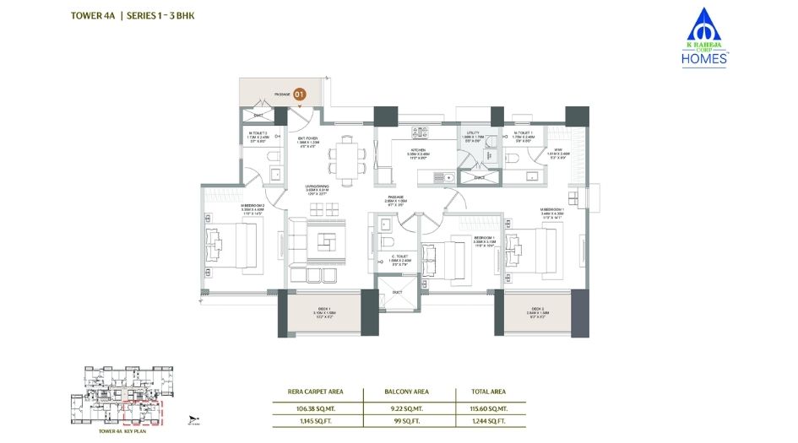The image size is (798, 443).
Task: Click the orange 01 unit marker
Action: (x=299, y=95)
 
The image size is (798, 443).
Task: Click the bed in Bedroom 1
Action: (x=442, y=256)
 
